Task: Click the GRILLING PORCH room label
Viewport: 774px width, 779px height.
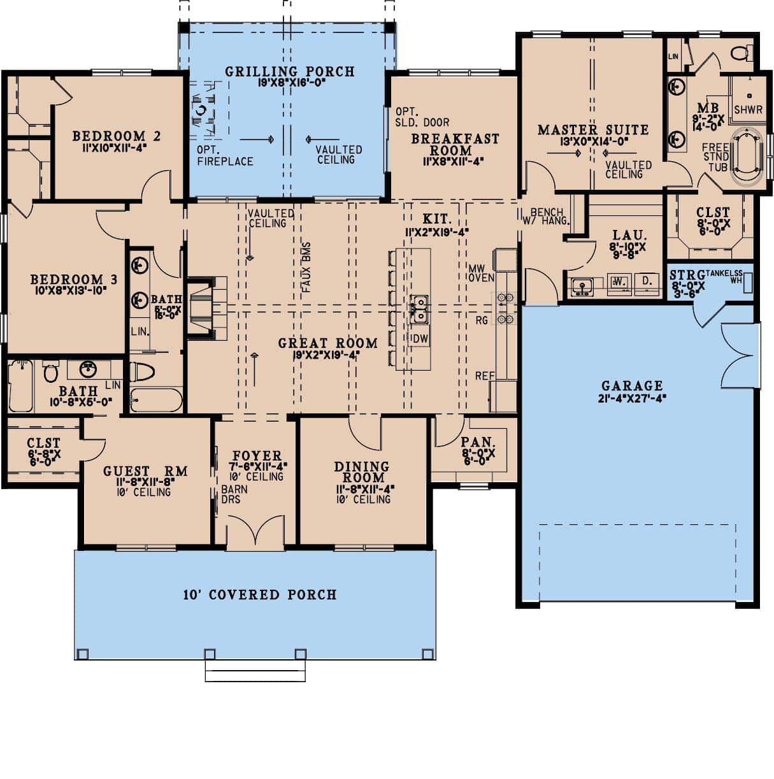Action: [289, 71]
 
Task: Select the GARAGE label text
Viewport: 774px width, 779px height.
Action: [632, 385]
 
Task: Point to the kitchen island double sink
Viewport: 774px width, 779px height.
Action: [419, 308]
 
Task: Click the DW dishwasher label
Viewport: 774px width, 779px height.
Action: [420, 339]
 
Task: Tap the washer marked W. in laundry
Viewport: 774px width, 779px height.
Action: [617, 282]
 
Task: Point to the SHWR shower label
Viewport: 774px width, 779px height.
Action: [748, 110]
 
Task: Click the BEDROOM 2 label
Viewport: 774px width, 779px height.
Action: [116, 136]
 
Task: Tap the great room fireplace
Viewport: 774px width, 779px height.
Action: [207, 306]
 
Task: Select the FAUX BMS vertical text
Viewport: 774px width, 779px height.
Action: [306, 267]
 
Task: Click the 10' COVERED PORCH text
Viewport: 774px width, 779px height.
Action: [260, 595]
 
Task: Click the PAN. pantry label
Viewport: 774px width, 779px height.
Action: [478, 441]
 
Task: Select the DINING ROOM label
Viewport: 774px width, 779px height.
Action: [361, 472]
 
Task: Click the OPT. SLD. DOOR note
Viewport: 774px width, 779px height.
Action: [422, 116]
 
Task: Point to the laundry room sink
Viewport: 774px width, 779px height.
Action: [580, 286]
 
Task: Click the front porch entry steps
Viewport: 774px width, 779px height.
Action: [255, 671]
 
